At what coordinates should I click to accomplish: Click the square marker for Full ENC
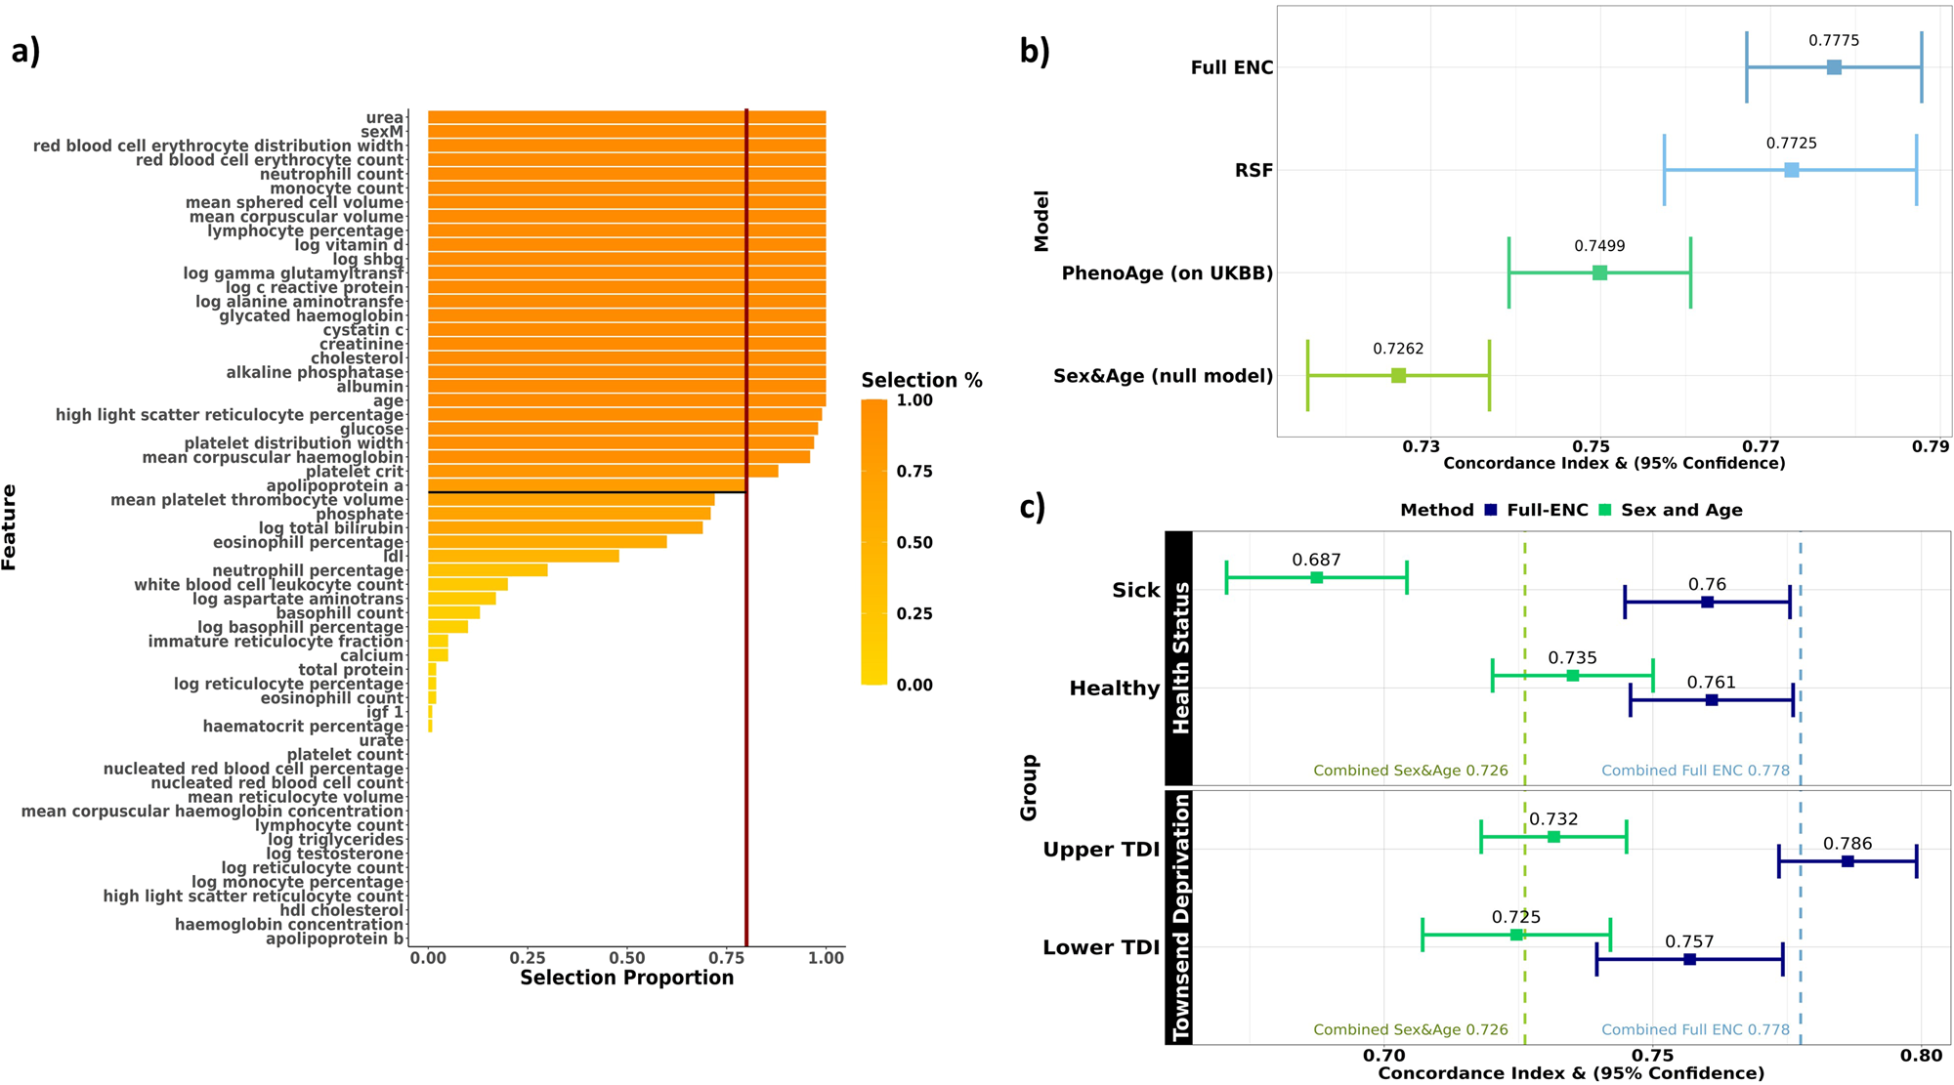click(1834, 67)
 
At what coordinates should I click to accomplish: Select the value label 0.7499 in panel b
click(1599, 246)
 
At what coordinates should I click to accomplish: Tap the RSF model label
click(1253, 171)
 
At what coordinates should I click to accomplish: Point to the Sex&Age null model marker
click(1398, 376)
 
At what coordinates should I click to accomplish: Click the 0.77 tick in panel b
click(1761, 446)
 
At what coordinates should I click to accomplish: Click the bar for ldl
click(523, 556)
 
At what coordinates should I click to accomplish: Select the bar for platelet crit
click(603, 471)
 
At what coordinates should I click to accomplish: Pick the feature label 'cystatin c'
click(362, 330)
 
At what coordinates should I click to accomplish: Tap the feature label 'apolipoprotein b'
click(334, 939)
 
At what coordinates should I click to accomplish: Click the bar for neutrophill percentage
click(487, 570)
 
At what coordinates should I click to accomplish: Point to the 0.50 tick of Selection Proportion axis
click(626, 958)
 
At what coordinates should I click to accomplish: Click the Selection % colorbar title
click(921, 380)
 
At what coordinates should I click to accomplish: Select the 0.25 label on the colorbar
click(914, 613)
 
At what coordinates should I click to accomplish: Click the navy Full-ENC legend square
click(1491, 510)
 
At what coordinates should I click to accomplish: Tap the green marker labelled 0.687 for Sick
click(1316, 578)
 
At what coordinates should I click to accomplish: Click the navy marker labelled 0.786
click(1848, 861)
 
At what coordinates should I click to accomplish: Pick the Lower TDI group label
click(1100, 947)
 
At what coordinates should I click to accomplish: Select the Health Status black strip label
click(1180, 658)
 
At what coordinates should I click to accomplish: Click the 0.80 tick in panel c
click(1921, 1055)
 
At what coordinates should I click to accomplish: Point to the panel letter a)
click(25, 51)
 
